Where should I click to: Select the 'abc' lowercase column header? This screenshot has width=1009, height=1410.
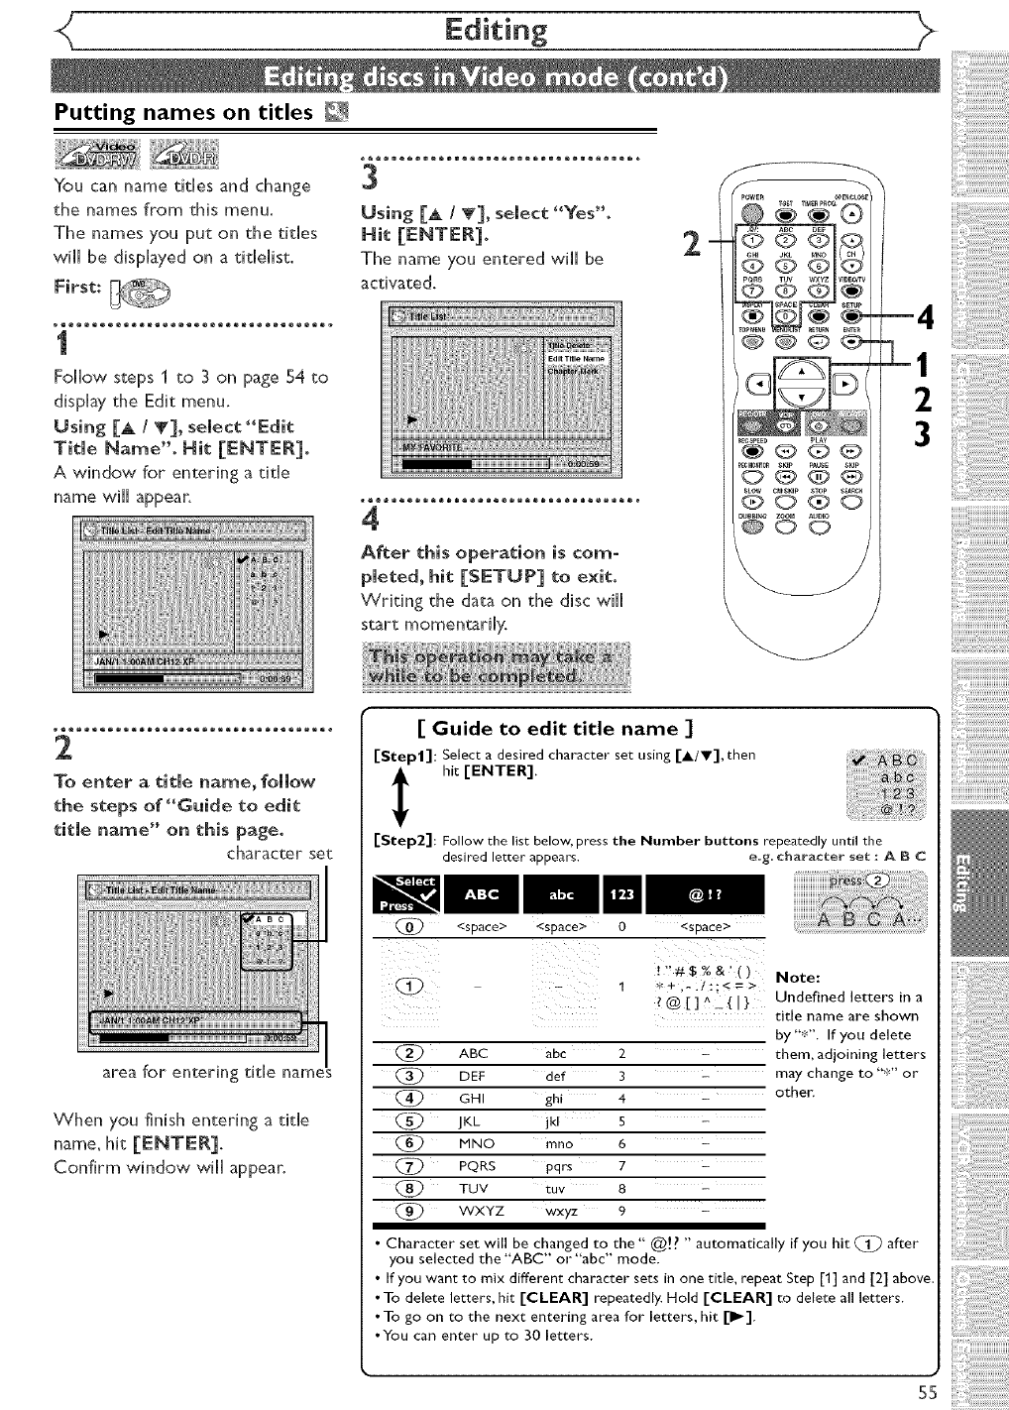561,893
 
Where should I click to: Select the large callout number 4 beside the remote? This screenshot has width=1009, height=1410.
926,317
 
